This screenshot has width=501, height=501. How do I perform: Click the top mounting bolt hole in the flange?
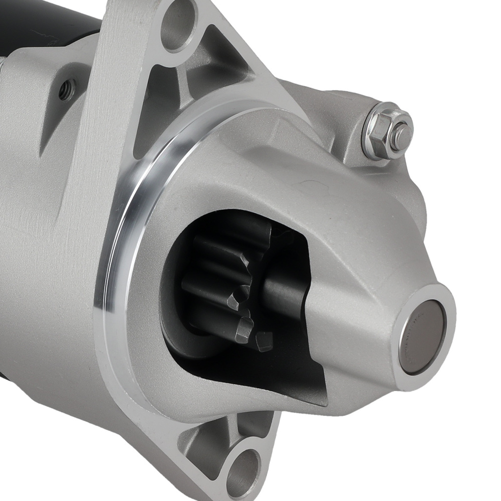coord(179,25)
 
